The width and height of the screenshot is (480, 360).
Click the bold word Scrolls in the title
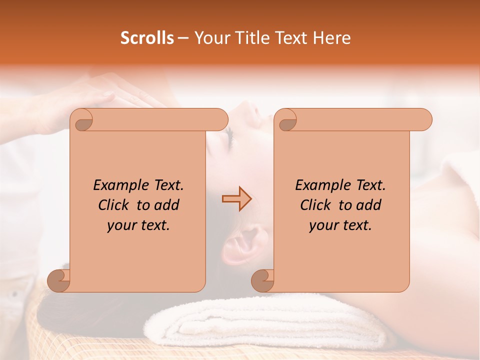pyautogui.click(x=147, y=38)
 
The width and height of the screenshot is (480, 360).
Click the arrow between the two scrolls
pyautogui.click(x=236, y=199)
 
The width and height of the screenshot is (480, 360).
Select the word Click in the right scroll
pyautogui.click(x=315, y=205)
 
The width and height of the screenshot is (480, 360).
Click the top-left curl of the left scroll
pyautogui.click(x=83, y=120)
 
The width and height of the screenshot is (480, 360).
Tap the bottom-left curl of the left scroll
pyautogui.click(x=59, y=280)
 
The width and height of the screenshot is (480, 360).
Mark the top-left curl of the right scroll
pyautogui.click(x=287, y=120)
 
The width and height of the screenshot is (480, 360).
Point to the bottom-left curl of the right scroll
pyautogui.click(x=262, y=280)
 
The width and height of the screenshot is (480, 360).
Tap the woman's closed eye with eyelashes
pyautogui.click(x=228, y=135)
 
